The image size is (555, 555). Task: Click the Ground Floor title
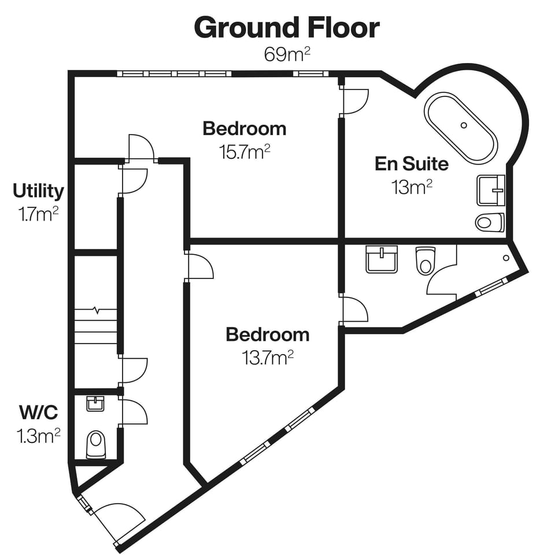(x=287, y=28)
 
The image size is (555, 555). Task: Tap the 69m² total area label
(x=287, y=55)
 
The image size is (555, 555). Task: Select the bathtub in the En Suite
(x=461, y=128)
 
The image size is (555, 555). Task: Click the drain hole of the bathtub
(x=464, y=125)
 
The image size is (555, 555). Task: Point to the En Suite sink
(x=490, y=191)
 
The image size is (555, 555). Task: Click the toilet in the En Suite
(x=490, y=222)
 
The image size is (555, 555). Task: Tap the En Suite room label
(x=411, y=163)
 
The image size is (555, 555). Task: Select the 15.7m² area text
(x=245, y=152)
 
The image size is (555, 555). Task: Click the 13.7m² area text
(x=267, y=358)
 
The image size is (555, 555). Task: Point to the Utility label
(x=38, y=191)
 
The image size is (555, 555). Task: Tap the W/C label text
(x=38, y=412)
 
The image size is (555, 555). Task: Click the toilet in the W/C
(x=96, y=445)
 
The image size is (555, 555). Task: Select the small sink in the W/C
(x=95, y=403)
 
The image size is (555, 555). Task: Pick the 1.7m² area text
(x=38, y=215)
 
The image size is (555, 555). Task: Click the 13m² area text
(x=411, y=188)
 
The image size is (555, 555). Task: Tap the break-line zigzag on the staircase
(x=95, y=310)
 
